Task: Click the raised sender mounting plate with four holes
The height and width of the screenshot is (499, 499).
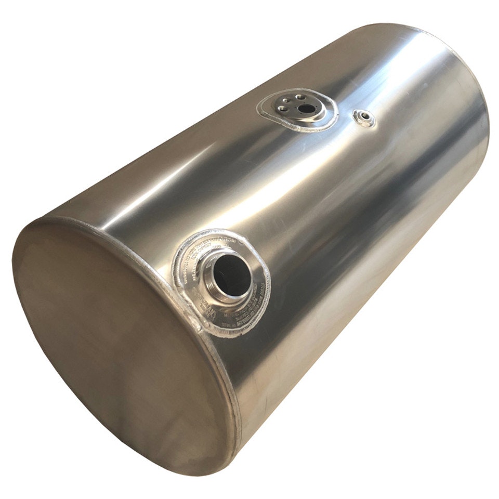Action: click(x=296, y=107)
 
